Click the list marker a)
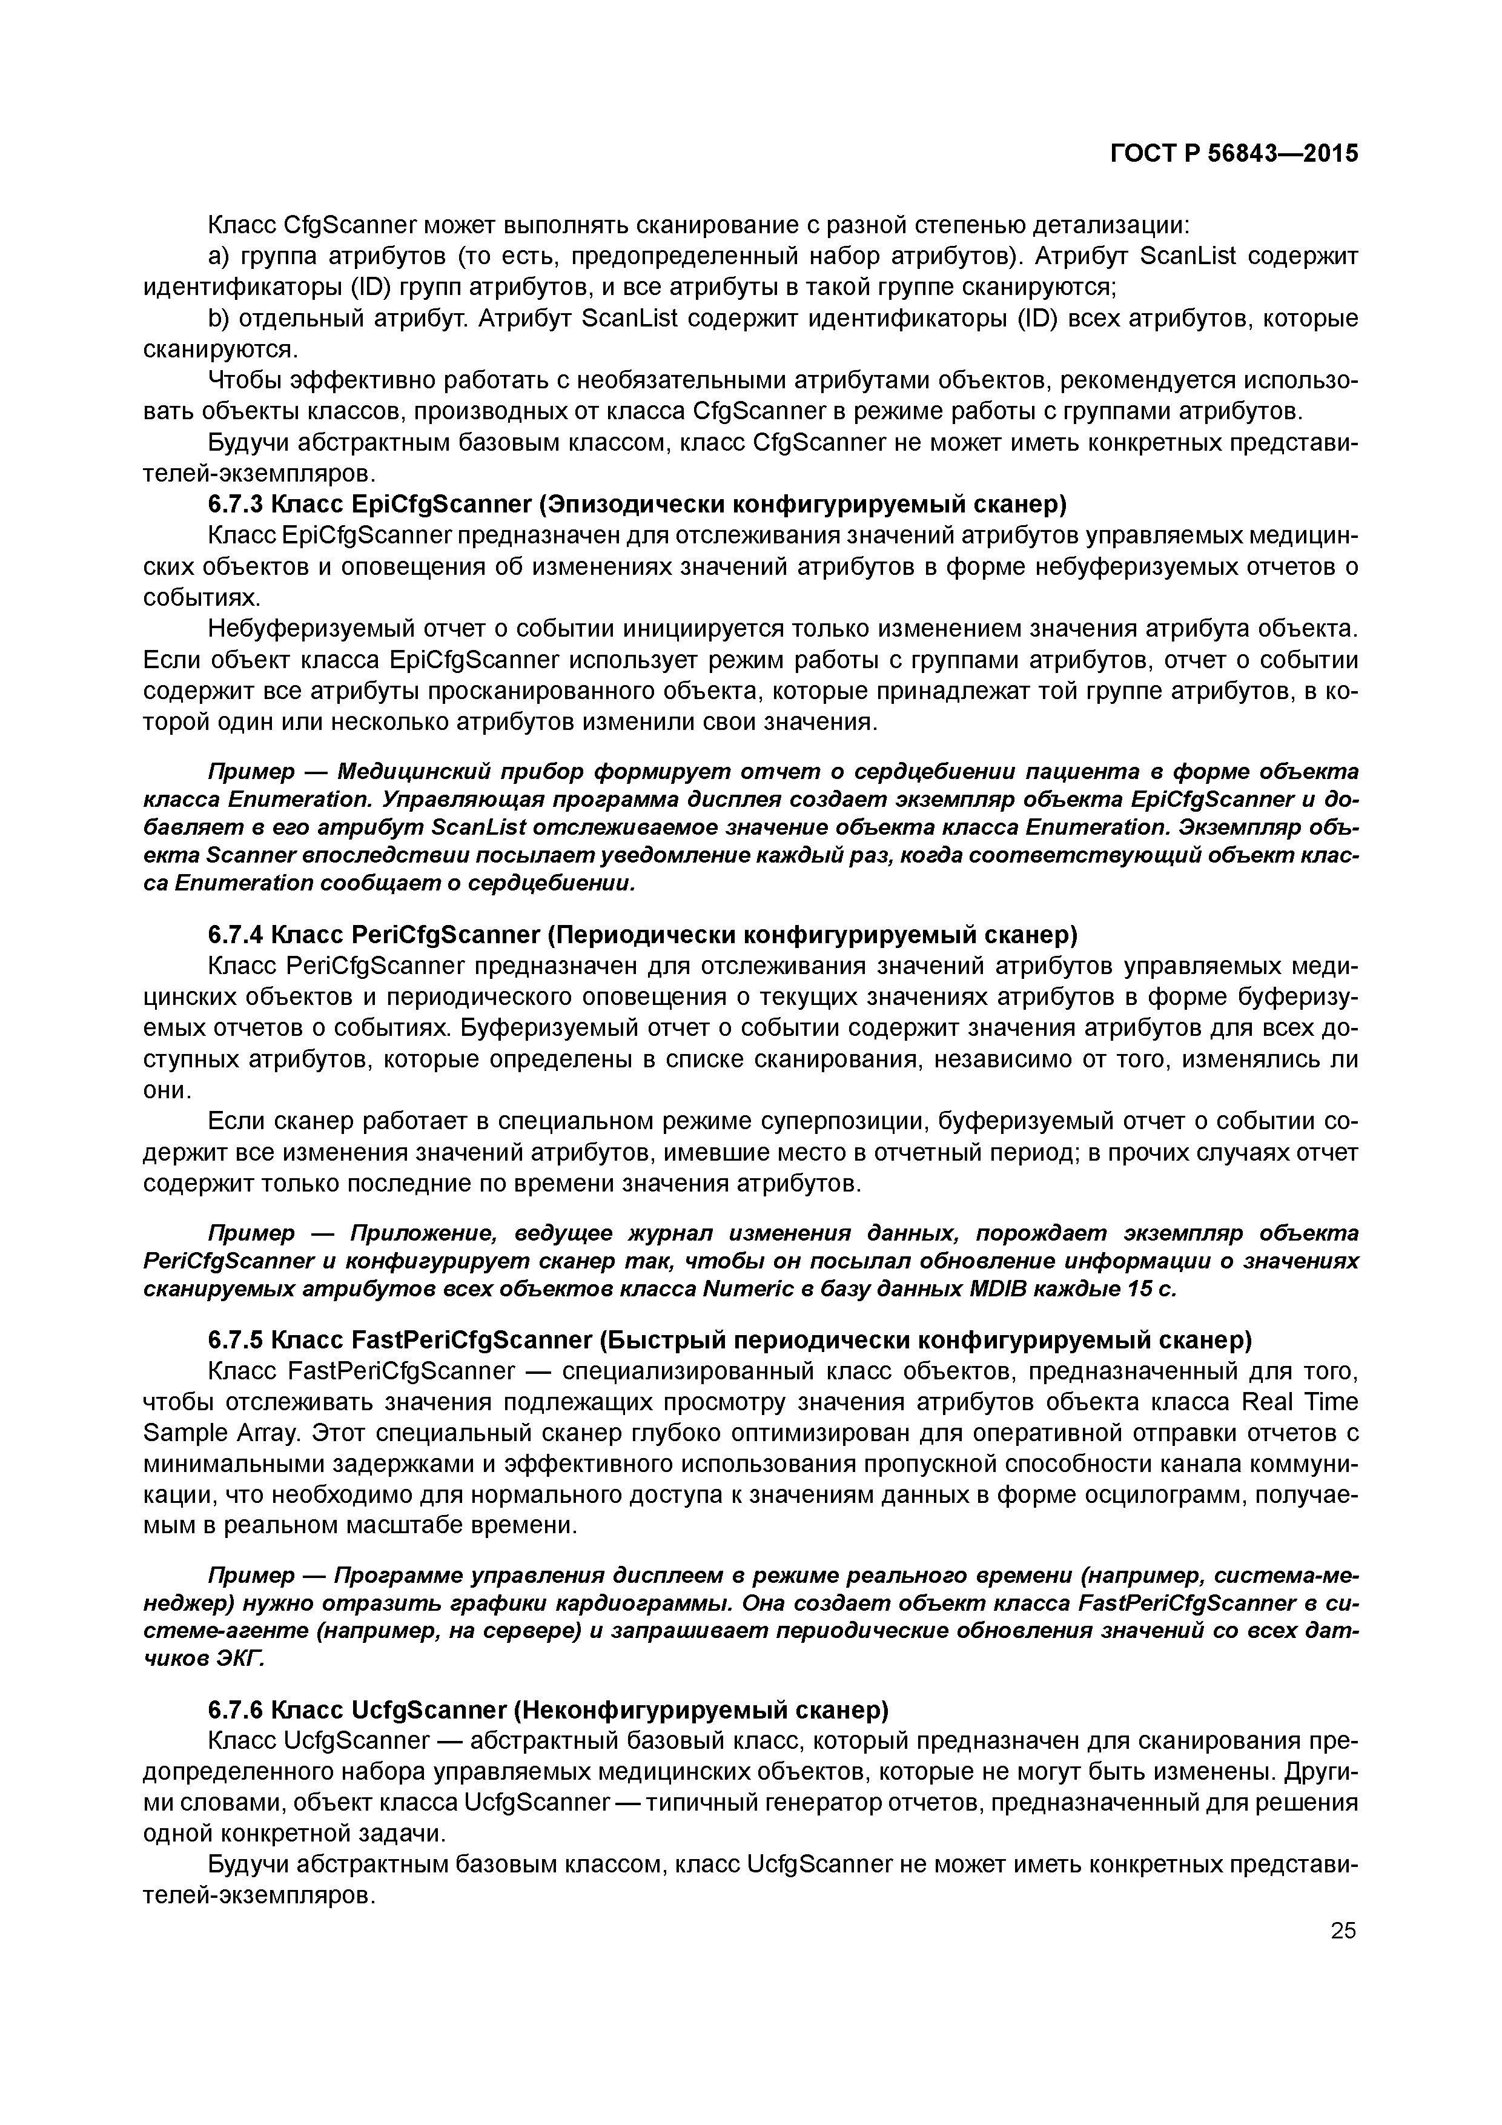point(220,256)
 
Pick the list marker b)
point(220,319)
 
